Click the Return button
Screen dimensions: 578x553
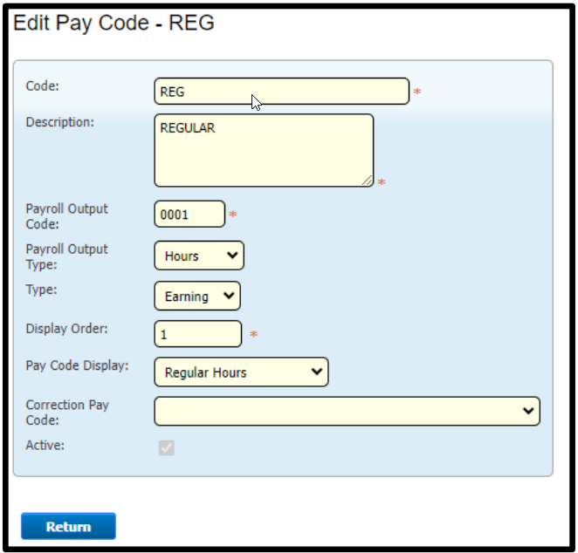68,526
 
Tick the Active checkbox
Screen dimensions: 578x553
167,447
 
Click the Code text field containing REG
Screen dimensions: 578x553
282,91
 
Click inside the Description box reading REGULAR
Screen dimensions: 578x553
264,150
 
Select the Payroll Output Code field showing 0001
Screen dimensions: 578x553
189,214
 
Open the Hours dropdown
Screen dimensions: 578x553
199,256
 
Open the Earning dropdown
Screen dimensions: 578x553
197,296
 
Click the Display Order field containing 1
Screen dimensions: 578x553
198,334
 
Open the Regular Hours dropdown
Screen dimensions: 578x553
241,372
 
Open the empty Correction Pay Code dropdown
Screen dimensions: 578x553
347,411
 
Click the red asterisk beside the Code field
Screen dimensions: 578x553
417,91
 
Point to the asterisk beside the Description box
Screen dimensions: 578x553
382,181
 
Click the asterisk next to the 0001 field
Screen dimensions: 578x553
233,214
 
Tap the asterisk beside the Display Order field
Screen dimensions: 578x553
253,334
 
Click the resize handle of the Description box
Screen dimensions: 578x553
368,181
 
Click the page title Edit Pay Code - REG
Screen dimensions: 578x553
114,23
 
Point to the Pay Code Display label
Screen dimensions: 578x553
77,365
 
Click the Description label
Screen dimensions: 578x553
59,122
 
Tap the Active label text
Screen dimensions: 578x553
45,446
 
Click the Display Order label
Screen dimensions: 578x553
66,329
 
